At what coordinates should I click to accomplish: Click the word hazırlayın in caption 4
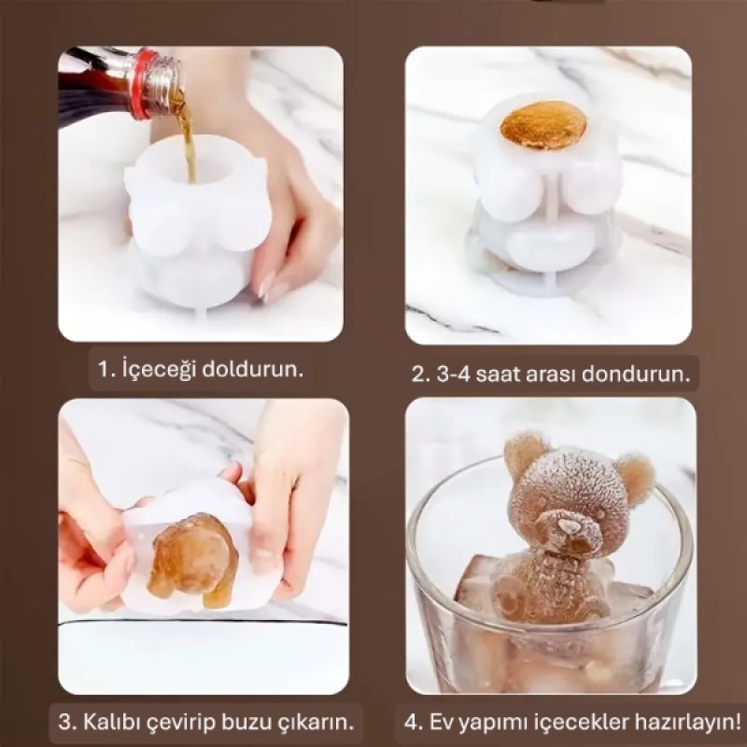pos(685,722)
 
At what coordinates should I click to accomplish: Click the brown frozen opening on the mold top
pos(543,124)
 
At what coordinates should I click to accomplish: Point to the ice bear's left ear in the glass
pos(525,455)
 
